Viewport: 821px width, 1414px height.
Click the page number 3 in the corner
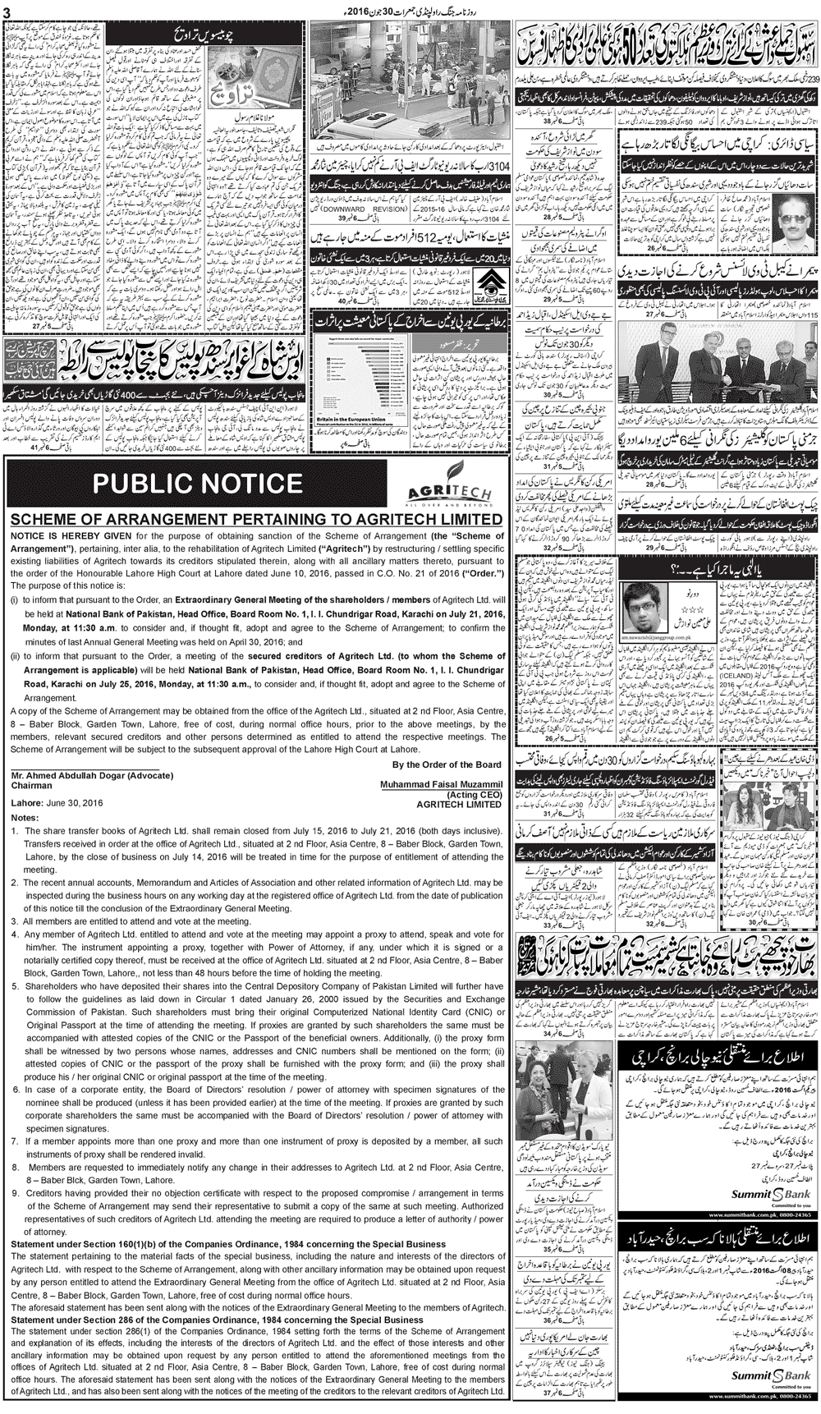(7, 9)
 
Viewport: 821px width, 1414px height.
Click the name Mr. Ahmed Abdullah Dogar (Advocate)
(92, 775)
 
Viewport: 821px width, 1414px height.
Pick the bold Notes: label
(25, 818)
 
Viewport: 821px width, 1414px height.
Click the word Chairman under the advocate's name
(32, 785)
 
